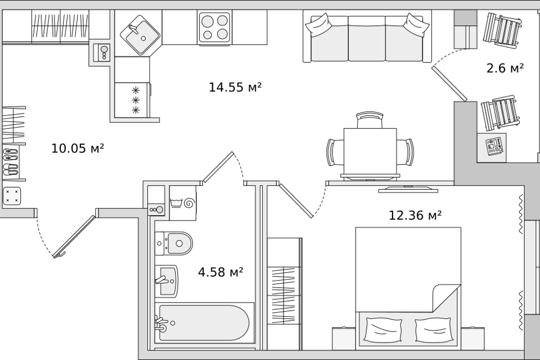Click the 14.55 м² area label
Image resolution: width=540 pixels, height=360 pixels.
click(x=235, y=87)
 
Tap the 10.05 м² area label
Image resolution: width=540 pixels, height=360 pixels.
click(x=78, y=148)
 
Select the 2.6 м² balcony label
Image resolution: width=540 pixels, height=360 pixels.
click(x=505, y=68)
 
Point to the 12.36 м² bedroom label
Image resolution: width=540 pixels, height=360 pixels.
click(x=415, y=215)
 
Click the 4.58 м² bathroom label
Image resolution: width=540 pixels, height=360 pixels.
click(x=220, y=272)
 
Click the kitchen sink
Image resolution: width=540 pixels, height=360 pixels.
click(x=140, y=35)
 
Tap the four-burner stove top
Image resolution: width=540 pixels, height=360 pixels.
click(x=214, y=28)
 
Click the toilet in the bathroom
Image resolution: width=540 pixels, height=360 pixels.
click(x=174, y=243)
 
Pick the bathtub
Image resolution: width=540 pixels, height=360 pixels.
click(x=204, y=323)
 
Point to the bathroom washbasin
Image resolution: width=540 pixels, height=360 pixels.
click(x=166, y=281)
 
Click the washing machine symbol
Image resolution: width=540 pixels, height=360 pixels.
click(x=183, y=203)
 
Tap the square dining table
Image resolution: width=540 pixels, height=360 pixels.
click(x=370, y=151)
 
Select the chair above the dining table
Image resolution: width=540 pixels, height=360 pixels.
click(x=370, y=120)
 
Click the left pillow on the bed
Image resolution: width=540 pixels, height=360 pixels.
click(x=382, y=330)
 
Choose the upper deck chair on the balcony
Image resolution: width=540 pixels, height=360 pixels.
click(x=501, y=30)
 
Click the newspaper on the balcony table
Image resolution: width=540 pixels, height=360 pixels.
click(x=494, y=146)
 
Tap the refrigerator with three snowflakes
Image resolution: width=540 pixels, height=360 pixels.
click(x=132, y=100)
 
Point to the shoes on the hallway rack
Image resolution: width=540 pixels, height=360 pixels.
click(x=10, y=162)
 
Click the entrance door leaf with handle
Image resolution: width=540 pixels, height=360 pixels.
click(x=74, y=237)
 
